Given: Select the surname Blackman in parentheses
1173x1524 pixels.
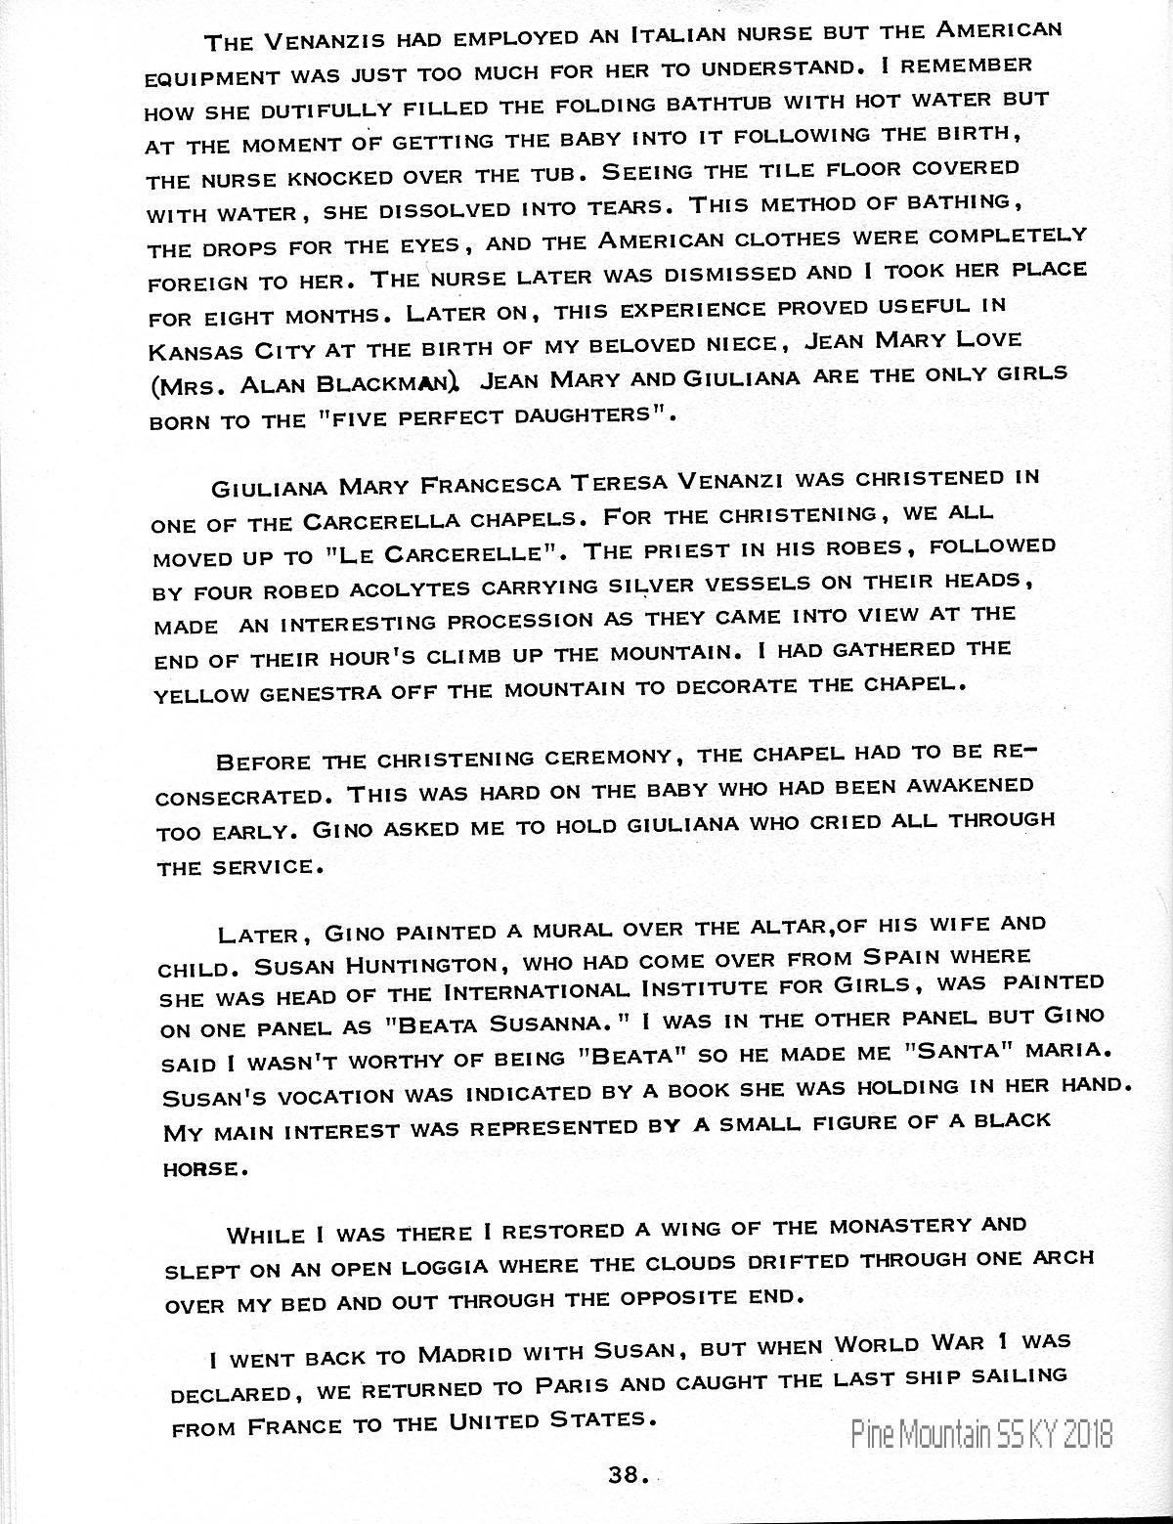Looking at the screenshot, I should click(x=371, y=384).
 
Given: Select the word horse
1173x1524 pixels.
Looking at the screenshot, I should click(x=198, y=1168).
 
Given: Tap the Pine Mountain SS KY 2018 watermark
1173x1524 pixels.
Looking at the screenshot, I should click(x=980, y=1434).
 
